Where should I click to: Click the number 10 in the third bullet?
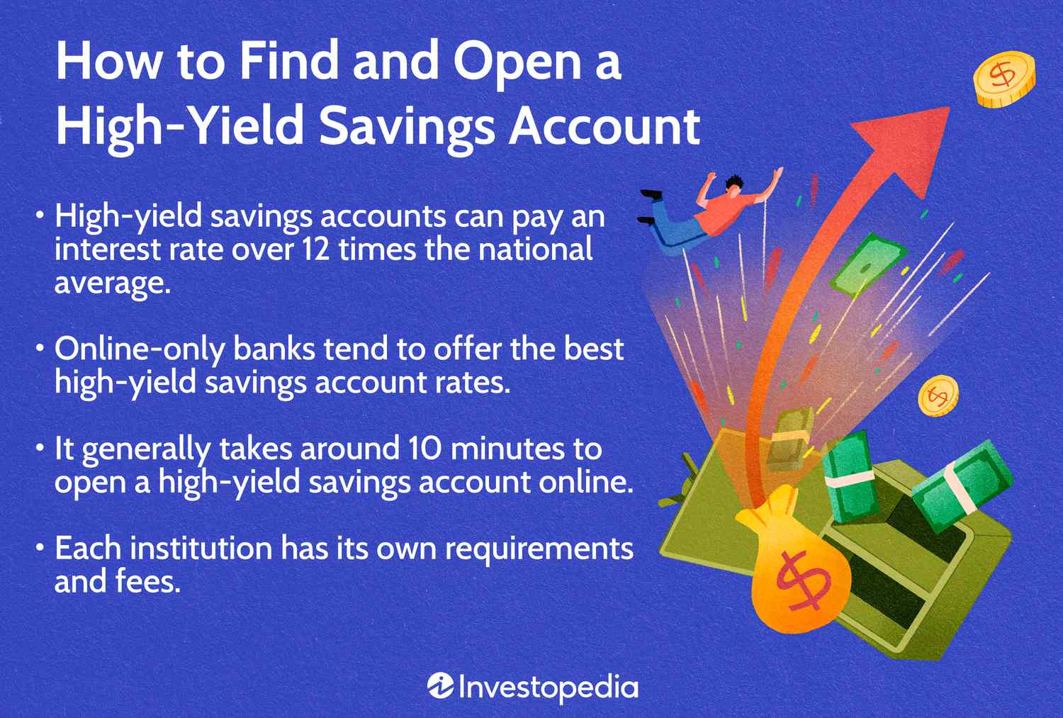[424, 449]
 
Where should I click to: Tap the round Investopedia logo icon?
[440, 686]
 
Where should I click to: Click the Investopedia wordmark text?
[548, 687]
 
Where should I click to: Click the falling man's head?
[735, 184]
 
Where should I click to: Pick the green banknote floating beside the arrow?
[867, 267]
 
